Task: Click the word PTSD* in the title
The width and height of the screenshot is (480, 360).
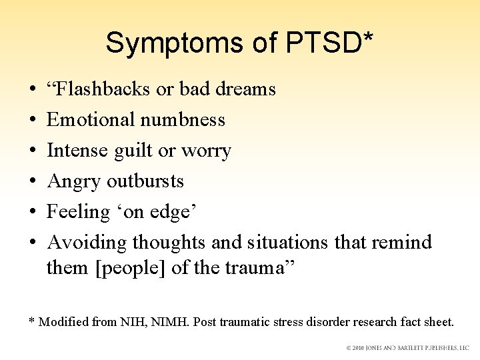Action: (x=329, y=43)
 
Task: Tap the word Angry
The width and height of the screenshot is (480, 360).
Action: (x=74, y=181)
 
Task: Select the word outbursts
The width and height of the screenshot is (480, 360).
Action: (x=145, y=181)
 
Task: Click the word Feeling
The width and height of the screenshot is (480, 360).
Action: (x=78, y=212)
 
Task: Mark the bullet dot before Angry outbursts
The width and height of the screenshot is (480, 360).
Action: (x=33, y=181)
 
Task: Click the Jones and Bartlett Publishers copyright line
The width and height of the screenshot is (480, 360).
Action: (x=407, y=348)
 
